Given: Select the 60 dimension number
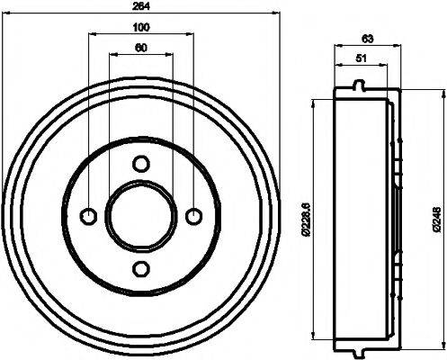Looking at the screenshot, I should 140,48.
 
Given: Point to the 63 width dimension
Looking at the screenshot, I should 366,39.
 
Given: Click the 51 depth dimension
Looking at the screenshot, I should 360,58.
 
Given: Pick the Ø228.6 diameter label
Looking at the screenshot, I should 306,217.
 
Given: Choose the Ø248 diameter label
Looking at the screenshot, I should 436,217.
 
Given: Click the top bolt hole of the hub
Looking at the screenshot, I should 140,163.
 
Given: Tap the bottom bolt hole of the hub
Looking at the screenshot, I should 140,267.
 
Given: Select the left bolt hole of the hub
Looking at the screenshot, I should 88,215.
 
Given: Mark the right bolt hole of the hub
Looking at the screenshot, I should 192,215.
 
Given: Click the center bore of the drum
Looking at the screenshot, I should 140,215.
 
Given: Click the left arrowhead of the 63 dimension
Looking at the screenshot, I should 336,46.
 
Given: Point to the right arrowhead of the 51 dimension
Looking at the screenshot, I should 386,66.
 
